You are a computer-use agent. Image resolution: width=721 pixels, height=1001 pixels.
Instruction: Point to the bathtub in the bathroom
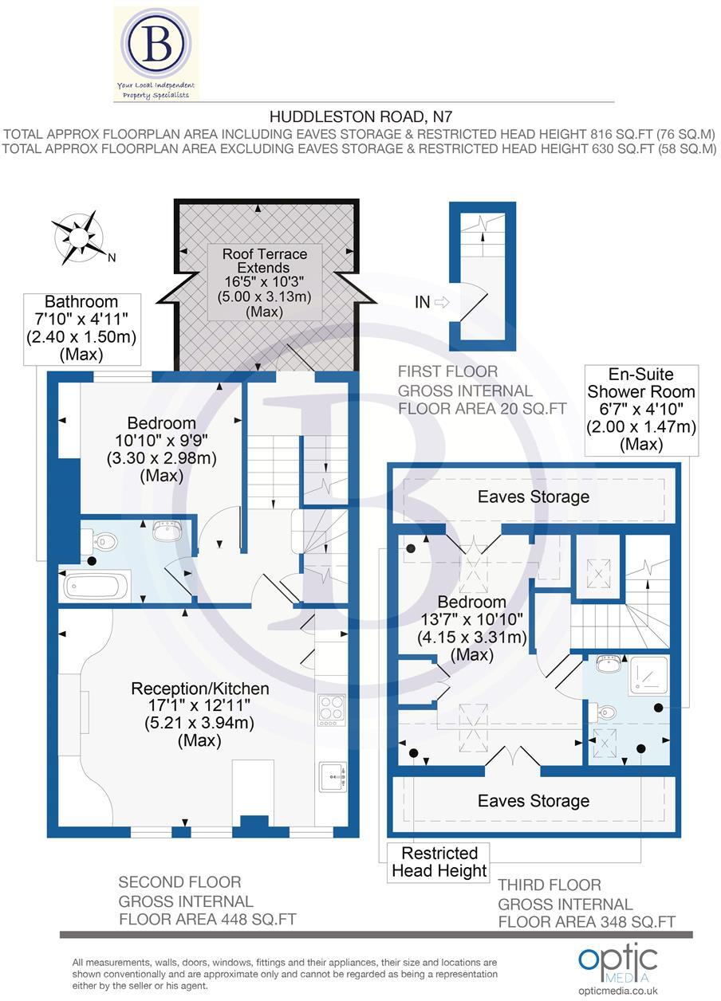[94, 587]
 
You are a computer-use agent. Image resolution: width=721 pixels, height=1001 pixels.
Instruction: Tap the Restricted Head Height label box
[439, 862]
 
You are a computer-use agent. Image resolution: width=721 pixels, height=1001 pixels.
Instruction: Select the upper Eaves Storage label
[533, 497]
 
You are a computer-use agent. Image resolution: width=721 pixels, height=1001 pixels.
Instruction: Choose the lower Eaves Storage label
[533, 800]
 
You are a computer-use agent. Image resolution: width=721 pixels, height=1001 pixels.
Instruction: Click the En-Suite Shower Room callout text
[641, 409]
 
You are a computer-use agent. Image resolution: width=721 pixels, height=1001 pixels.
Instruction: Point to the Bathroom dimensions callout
[81, 328]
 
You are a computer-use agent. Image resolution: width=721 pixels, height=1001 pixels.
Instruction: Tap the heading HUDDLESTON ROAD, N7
[360, 116]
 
